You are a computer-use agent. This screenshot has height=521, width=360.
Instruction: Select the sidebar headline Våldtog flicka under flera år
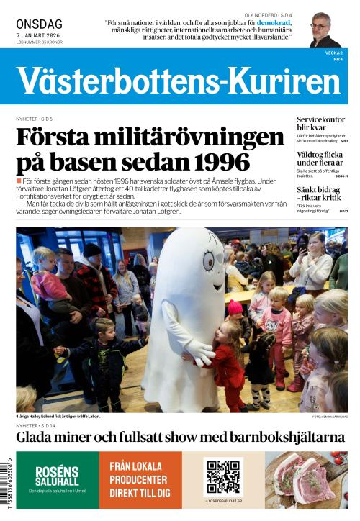point(321,158)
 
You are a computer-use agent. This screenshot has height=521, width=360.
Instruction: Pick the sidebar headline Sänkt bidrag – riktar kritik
point(320,193)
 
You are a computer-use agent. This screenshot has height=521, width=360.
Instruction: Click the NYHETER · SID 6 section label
point(35,117)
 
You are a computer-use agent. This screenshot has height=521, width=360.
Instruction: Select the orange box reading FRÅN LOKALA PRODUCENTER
point(140,480)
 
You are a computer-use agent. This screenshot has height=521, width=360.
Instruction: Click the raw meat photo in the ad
point(306,480)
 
